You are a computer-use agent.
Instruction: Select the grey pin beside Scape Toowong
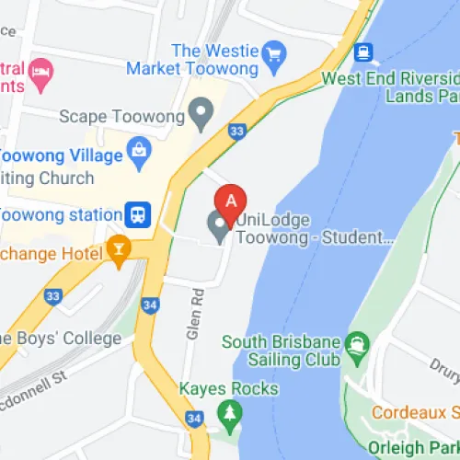pos(200,115)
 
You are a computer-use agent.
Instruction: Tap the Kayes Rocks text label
pos(229,389)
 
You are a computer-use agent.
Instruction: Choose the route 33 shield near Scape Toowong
pos(236,132)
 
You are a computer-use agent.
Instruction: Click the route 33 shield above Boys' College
pos(52,296)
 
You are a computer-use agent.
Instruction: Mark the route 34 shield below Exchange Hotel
pos(151,304)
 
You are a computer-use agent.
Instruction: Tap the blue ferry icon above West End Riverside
pos(364,51)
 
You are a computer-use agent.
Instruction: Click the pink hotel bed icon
pos(40,70)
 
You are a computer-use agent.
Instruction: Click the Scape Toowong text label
pos(122,116)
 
